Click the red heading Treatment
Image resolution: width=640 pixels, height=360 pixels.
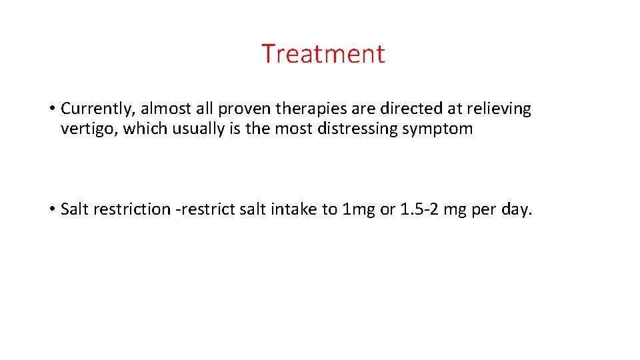pos(323,53)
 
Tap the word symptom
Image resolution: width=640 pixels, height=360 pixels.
pos(437,129)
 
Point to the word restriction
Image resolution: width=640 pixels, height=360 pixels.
pos(132,209)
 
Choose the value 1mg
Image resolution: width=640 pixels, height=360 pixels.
pos(359,209)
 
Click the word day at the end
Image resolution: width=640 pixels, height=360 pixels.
pos(517,209)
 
